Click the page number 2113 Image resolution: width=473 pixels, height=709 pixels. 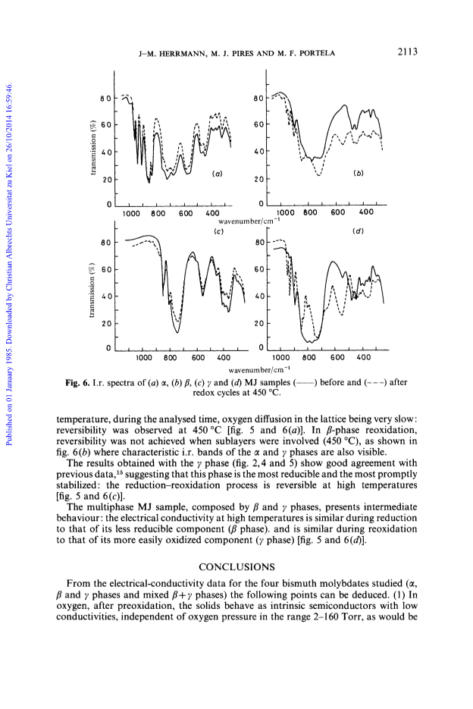tap(407, 52)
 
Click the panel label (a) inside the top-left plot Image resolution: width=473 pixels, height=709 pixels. tap(217, 173)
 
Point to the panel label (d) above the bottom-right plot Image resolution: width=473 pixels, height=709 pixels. tap(358, 231)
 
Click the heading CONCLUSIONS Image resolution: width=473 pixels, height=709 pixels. tap(236, 567)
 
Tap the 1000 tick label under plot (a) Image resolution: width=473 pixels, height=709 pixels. tap(131, 213)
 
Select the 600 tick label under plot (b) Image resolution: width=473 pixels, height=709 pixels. tap(338, 212)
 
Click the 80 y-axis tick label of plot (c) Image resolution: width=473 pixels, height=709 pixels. tap(106, 243)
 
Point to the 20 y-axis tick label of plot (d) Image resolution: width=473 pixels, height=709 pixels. tap(258, 323)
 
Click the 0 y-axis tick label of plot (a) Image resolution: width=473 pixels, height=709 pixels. tap(108, 205)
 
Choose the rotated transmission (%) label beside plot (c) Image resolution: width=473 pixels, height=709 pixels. tap(92, 290)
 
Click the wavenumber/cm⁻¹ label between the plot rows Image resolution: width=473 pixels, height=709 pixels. tap(249, 221)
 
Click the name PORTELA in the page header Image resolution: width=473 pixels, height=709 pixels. tap(318, 53)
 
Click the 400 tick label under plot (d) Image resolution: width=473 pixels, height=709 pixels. tap(364, 357)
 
